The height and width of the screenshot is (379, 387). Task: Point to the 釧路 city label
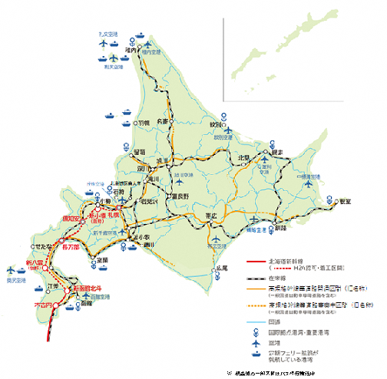[x=280, y=227]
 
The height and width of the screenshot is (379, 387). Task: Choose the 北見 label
[x=244, y=158]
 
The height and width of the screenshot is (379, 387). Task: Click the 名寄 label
[x=161, y=121]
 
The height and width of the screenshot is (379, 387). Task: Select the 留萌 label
[x=139, y=152]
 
